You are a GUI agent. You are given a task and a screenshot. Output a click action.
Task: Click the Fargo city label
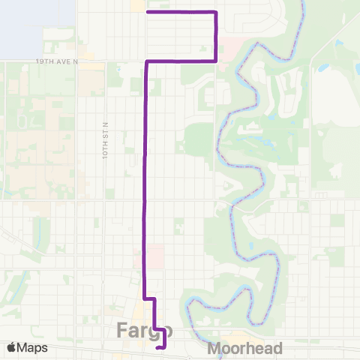click(x=145, y=330)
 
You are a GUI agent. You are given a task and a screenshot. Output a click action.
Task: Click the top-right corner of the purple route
click(x=216, y=13)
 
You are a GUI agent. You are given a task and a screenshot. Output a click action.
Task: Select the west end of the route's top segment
click(x=147, y=12)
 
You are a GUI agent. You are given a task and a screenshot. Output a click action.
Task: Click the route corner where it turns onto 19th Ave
click(x=145, y=61)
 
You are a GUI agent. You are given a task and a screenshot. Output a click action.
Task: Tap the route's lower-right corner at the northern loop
click(x=216, y=60)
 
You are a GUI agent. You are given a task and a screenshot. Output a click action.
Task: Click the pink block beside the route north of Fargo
click(x=154, y=255)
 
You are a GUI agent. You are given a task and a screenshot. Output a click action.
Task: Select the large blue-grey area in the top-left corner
click(x=37, y=26)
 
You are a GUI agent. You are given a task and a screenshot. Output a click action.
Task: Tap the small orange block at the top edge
click(x=138, y=6)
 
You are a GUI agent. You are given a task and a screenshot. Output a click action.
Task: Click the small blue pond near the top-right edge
click(x=324, y=68)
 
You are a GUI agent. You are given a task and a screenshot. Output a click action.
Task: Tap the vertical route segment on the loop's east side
click(x=216, y=36)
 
